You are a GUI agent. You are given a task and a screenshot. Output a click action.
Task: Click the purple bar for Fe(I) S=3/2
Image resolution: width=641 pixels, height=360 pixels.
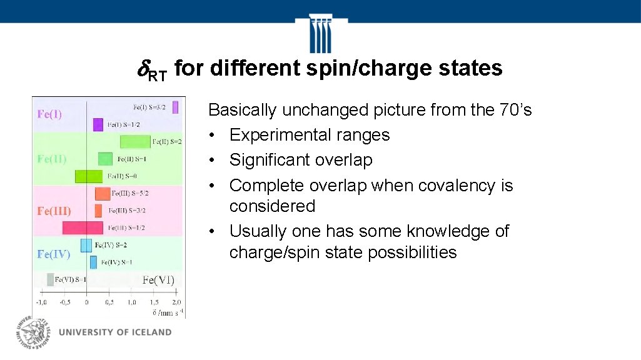click(176, 107)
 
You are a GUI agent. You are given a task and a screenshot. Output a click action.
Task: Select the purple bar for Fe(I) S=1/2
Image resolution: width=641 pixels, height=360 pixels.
click(98, 124)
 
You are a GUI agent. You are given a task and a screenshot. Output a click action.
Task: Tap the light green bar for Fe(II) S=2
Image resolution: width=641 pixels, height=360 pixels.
click(135, 141)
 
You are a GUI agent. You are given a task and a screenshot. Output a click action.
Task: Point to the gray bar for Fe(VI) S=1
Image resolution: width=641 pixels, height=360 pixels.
click(51, 279)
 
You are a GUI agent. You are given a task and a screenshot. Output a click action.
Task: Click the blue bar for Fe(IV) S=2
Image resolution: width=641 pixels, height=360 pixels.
click(86, 245)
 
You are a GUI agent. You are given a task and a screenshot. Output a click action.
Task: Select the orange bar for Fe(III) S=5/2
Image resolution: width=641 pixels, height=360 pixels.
click(103, 194)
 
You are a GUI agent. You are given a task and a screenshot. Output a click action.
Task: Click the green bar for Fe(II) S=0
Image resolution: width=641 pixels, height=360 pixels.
click(88, 176)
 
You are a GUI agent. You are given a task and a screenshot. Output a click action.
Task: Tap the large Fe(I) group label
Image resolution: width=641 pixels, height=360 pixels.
click(49, 114)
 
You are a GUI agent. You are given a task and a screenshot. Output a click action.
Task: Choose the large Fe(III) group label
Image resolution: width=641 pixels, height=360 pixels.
click(54, 211)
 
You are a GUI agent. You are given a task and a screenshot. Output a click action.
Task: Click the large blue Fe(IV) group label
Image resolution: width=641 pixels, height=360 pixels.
click(53, 254)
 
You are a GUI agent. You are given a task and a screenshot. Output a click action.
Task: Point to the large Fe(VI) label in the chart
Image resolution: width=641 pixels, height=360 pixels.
click(158, 280)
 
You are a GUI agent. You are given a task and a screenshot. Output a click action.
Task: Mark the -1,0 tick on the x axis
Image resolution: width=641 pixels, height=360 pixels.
click(41, 302)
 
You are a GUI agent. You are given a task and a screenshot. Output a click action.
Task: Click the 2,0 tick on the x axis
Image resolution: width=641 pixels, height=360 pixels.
click(176, 302)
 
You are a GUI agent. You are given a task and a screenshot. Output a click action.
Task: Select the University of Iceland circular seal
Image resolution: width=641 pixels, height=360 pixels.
click(34, 331)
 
